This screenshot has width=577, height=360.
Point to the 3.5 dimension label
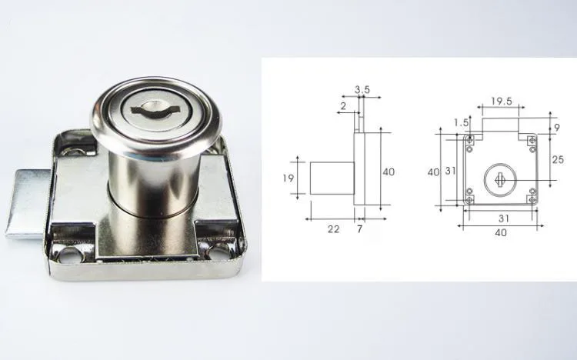pyautogui.click(x=362, y=90)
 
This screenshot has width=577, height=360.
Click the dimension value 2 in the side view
pyautogui.click(x=343, y=105)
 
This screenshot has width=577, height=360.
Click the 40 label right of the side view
pyautogui.click(x=389, y=172)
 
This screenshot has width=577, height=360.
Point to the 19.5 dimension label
pyautogui.click(x=502, y=100)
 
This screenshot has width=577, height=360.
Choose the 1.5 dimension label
pyautogui.click(x=461, y=122)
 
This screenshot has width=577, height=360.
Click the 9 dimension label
pyautogui.click(x=557, y=126)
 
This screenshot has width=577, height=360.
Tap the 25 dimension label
pyautogui.click(x=558, y=159)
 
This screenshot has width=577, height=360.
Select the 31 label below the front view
pyautogui.click(x=501, y=218)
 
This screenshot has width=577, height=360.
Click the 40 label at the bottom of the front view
pyautogui.click(x=501, y=232)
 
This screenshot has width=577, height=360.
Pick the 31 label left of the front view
pyautogui.click(x=450, y=171)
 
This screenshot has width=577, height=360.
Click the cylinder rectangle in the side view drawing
pyautogui.click(x=332, y=178)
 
